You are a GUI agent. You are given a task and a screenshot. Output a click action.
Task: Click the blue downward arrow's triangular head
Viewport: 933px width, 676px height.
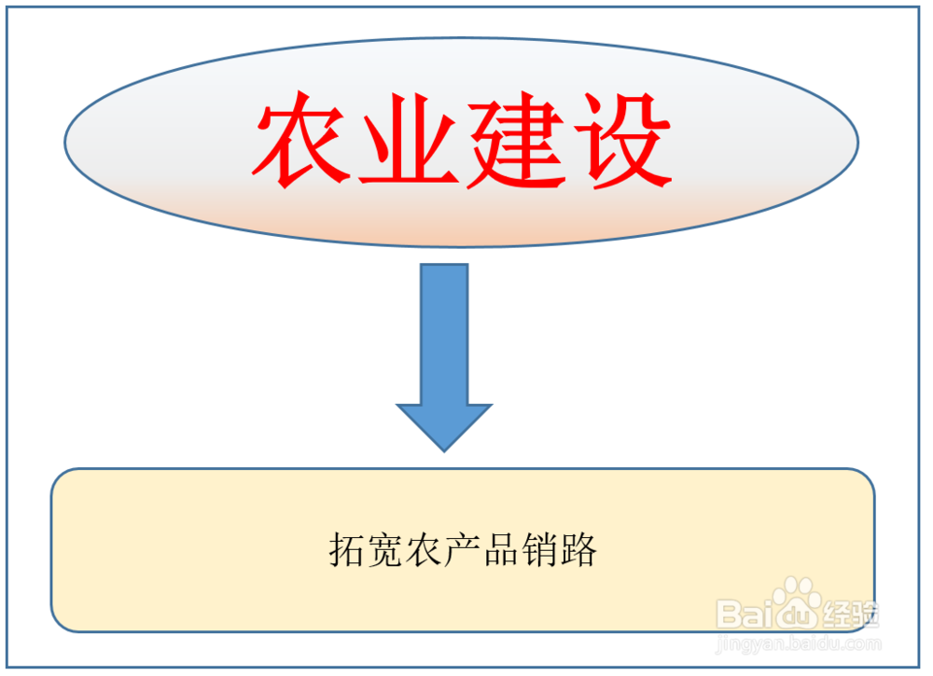point(444,425)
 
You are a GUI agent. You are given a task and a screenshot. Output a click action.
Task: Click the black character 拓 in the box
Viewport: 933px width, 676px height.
point(347,550)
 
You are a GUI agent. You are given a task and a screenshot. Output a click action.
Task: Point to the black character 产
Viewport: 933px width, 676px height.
point(463,550)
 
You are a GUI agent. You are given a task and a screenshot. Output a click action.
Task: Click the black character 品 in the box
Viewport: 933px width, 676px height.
point(502,550)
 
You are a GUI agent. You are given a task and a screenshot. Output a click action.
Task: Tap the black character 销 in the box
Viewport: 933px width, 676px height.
point(540,550)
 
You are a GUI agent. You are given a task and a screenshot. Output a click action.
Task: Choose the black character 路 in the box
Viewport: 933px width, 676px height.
point(578,550)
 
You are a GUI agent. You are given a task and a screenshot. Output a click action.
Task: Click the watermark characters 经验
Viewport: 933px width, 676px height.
point(850,614)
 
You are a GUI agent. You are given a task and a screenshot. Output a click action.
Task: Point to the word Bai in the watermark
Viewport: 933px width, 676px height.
point(744,614)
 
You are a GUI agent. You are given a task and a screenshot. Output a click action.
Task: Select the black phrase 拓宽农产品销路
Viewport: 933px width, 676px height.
point(463,550)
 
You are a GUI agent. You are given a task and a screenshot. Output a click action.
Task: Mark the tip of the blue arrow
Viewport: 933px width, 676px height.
point(444,449)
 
